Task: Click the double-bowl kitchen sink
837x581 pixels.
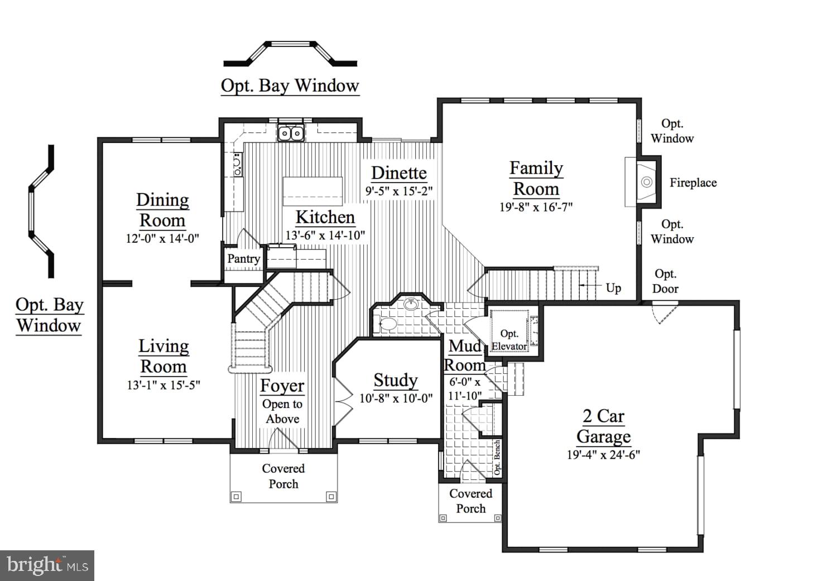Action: tap(291, 133)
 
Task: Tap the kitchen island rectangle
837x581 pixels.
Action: tap(312, 191)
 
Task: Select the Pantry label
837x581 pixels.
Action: tap(244, 258)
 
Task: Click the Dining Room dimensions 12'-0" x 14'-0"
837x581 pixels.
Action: tap(162, 238)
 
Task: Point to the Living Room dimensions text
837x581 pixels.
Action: tap(163, 385)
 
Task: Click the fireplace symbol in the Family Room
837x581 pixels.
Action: tap(647, 182)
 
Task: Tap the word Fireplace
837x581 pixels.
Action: tap(693, 183)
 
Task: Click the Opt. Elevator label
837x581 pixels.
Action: tap(509, 340)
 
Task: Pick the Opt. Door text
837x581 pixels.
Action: tap(666, 281)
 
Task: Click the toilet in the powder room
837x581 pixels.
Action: tap(386, 324)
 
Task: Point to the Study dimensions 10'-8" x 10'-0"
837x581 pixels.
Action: tap(396, 398)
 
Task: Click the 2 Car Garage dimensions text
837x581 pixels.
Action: tap(603, 455)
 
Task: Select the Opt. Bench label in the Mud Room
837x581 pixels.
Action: tap(497, 457)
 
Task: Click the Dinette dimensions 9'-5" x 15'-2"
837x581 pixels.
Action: tap(399, 191)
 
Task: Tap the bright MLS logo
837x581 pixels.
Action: tap(47, 565)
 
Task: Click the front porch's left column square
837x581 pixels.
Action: tap(237, 497)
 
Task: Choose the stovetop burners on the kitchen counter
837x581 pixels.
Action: tap(238, 165)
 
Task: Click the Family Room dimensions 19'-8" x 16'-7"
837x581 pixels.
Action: tap(536, 207)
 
